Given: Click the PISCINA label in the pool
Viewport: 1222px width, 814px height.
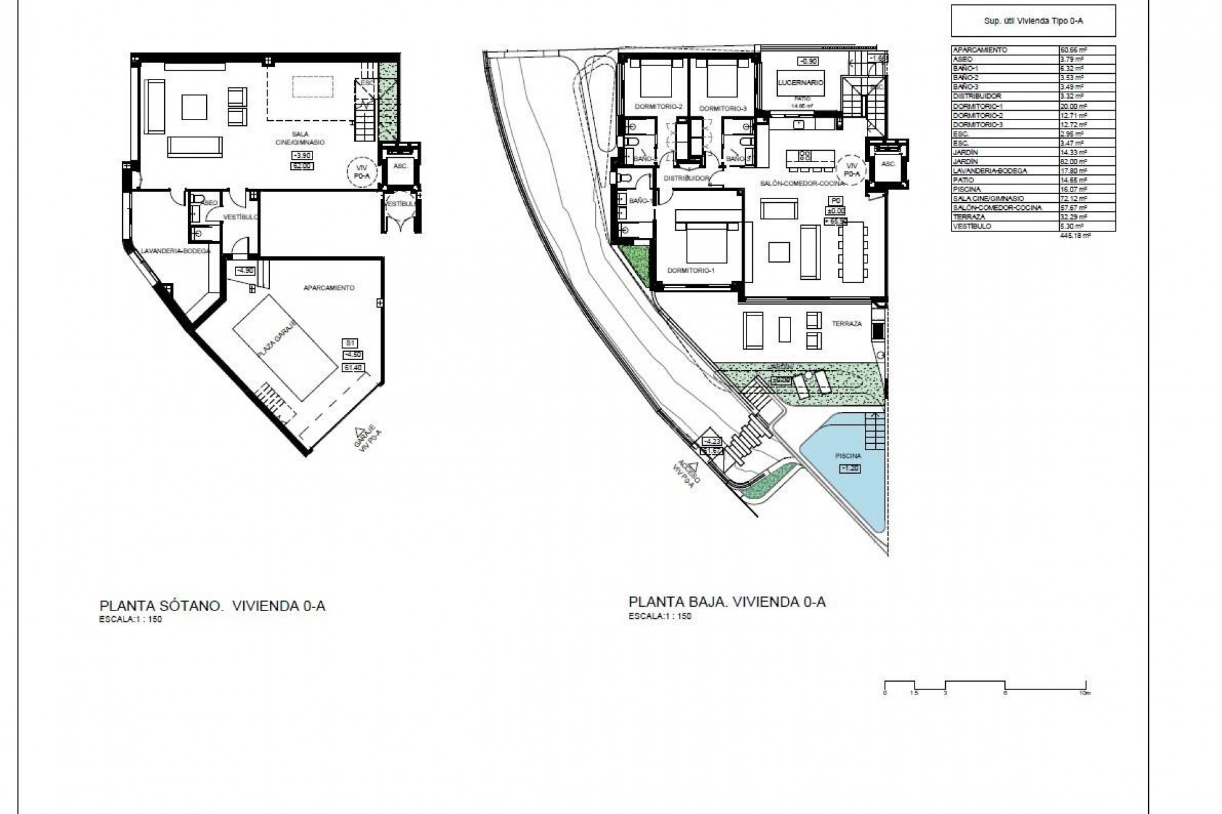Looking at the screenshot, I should pos(848,456).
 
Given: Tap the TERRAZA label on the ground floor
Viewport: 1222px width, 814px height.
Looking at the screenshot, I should pos(846,324).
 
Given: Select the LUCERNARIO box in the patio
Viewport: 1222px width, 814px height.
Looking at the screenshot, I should pos(801,83).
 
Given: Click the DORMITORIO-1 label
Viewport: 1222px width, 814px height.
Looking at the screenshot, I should pos(691,270).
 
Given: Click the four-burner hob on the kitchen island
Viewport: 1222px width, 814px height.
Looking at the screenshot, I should pos(804,155).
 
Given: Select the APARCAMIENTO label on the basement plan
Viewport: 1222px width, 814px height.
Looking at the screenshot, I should pos(328,288).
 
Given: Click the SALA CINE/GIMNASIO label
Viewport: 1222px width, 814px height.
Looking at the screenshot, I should pos(300,138).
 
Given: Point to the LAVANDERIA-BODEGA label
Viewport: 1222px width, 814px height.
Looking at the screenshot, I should pos(167,251).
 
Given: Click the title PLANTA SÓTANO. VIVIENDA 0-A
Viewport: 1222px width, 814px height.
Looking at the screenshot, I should pos(213,605).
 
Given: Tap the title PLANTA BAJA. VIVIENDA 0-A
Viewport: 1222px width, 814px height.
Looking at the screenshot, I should pos(727,602).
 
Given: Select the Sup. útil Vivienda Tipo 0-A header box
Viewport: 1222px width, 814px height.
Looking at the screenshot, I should pos(1033,21).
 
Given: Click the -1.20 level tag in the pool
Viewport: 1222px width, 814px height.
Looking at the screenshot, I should pos(850,469).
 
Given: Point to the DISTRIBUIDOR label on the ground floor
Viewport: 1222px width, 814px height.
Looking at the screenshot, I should pos(686,179).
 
